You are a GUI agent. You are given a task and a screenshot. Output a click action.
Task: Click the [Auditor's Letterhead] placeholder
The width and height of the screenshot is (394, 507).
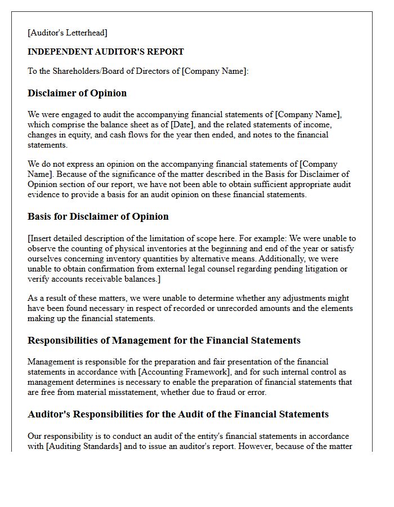tap(68, 33)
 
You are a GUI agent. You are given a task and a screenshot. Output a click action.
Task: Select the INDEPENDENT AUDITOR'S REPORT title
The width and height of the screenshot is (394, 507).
tap(106, 52)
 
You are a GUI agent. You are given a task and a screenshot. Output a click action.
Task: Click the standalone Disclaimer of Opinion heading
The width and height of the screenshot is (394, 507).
tap(77, 93)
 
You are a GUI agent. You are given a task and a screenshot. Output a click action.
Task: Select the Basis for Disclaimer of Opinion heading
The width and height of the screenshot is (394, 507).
tap(98, 216)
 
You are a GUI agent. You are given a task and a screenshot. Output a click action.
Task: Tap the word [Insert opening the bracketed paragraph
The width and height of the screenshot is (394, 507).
tap(42, 238)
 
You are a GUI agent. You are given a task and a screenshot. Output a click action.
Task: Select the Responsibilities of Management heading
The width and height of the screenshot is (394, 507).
tap(164, 340)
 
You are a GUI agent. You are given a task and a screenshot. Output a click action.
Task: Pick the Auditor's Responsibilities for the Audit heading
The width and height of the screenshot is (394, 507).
tap(178, 414)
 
